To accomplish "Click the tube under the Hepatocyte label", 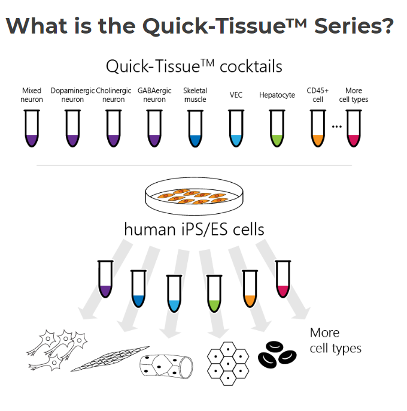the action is [x=277, y=128].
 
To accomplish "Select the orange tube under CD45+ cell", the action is [x=318, y=128].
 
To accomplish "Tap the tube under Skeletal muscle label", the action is [x=195, y=128].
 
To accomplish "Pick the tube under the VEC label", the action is [x=236, y=128].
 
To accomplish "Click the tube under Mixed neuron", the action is [x=32, y=128].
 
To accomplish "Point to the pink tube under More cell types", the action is [x=354, y=128].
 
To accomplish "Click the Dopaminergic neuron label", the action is [x=72, y=95].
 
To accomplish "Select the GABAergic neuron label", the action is [x=154, y=95].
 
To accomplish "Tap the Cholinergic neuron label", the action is [x=113, y=95].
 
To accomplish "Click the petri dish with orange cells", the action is [x=194, y=196].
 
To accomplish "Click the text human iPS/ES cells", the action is [x=194, y=229].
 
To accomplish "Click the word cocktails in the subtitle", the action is [x=251, y=67].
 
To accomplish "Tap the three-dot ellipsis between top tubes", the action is [x=336, y=126].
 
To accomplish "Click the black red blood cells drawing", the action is [x=277, y=355].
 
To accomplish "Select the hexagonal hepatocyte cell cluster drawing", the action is [x=228, y=364].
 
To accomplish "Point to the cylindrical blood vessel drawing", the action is [x=166, y=366].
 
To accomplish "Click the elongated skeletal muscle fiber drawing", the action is [x=110, y=358].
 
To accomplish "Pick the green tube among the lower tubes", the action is [x=214, y=294].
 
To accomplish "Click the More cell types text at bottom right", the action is [x=336, y=340].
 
